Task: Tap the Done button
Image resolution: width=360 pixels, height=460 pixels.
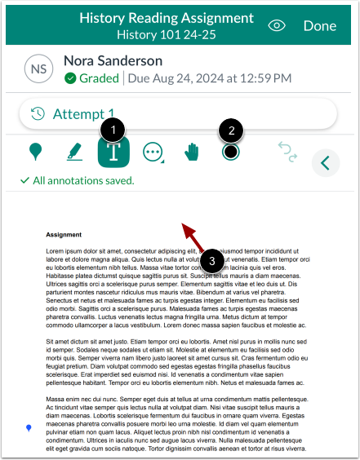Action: click(x=319, y=26)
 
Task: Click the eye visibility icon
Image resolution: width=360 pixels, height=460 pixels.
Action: click(x=278, y=26)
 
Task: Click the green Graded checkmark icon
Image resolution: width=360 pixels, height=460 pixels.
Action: click(x=69, y=79)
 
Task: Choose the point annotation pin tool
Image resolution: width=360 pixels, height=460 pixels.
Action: click(x=35, y=152)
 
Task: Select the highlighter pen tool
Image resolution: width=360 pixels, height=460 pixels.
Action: click(x=74, y=152)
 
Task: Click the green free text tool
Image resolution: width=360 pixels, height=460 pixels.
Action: click(x=113, y=152)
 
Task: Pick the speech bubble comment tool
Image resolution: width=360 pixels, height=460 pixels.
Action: click(x=153, y=152)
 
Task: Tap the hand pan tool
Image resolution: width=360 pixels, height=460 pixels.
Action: click(x=192, y=152)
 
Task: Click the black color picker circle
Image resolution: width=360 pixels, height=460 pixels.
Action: click(x=231, y=152)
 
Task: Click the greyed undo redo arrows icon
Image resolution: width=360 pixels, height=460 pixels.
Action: click(x=287, y=152)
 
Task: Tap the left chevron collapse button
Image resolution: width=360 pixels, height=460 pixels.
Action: click(x=326, y=163)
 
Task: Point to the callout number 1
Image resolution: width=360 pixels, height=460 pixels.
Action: click(x=114, y=128)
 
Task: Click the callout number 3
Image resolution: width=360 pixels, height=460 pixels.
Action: click(x=212, y=261)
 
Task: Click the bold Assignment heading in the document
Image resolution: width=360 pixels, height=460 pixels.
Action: click(x=63, y=232)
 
